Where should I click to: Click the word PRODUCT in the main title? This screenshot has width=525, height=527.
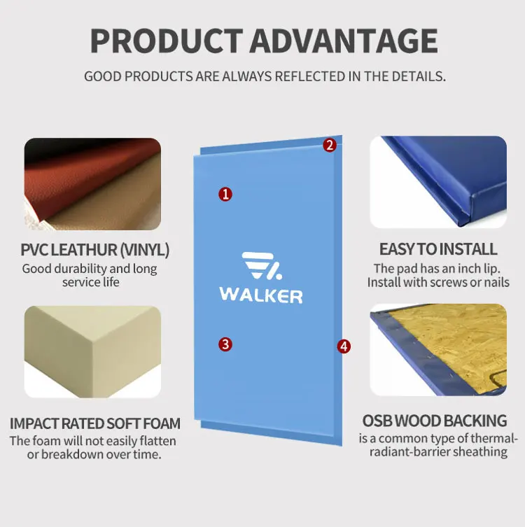[167, 41]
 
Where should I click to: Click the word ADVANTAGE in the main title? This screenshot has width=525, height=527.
[344, 41]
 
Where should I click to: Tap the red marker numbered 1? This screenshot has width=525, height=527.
[225, 195]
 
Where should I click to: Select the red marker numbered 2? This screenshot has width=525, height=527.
[330, 146]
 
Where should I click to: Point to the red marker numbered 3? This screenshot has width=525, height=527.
[225, 344]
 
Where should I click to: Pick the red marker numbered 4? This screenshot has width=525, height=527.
[344, 346]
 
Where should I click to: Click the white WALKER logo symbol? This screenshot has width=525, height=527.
[261, 266]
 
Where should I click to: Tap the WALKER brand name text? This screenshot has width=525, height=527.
[261, 295]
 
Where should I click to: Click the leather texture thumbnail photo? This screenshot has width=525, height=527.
[92, 184]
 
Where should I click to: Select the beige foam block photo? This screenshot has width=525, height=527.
[92, 351]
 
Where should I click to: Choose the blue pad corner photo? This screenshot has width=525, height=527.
[438, 182]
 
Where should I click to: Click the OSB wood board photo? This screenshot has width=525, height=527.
[438, 349]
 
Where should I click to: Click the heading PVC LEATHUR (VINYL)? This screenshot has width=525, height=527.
[95, 250]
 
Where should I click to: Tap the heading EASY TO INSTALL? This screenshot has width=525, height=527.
[438, 249]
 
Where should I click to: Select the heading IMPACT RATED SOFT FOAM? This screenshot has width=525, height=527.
[95, 423]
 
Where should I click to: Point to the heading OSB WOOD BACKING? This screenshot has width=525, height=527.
[435, 421]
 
